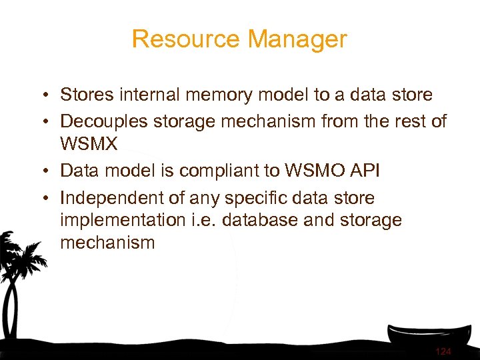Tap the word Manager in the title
(297, 39)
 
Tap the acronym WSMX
(89, 144)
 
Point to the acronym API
(363, 170)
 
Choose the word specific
(269, 197)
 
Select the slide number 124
(443, 351)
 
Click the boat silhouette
(427, 337)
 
